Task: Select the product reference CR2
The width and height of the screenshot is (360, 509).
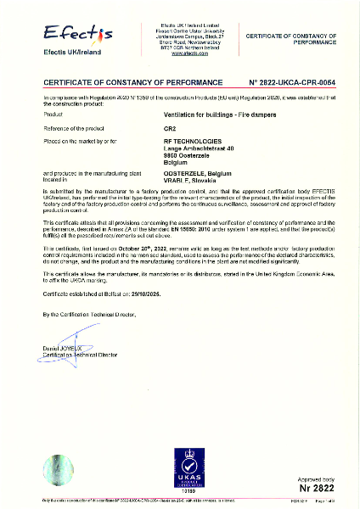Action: tap(170, 126)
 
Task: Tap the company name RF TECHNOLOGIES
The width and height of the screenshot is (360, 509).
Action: tap(196, 137)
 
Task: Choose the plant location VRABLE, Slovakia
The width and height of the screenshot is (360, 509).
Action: tap(193, 180)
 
